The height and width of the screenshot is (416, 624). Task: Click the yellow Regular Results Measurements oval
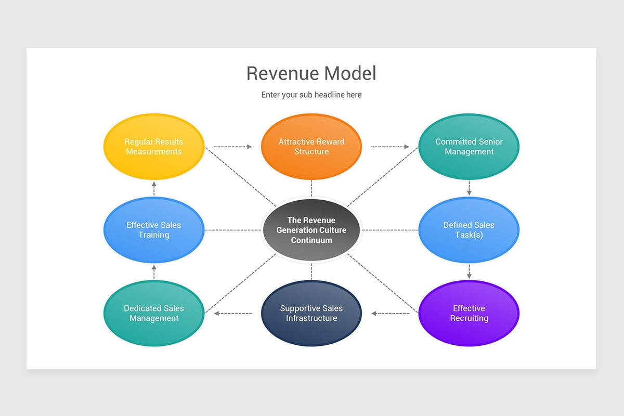pos(154,147)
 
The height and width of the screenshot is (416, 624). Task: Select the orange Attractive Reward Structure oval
pos(311,147)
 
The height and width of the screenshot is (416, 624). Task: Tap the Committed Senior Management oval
pos(469,147)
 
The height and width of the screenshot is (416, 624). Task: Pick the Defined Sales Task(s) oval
pos(469,230)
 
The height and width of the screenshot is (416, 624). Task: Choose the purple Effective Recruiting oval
pos(469,313)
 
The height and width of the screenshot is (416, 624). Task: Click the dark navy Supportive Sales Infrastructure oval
pos(311,313)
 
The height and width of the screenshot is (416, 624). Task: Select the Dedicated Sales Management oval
pos(154,313)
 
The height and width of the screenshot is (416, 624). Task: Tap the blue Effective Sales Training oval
pos(154,230)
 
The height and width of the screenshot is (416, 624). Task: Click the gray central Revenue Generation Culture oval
pos(311,230)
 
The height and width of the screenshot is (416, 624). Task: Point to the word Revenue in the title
pos(281,73)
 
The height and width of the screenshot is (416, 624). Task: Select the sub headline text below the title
pos(311,95)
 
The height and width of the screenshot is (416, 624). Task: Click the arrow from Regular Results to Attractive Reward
pos(232,147)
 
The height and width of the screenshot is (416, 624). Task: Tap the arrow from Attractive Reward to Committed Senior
pos(390,147)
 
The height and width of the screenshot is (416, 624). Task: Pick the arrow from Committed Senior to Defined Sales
pos(469,188)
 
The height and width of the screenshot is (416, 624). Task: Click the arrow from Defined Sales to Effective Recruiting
pos(469,271)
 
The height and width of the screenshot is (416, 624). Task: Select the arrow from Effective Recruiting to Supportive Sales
pos(390,313)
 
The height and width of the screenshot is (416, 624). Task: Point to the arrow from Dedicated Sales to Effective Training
pos(154,271)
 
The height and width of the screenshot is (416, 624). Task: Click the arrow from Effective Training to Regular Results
pos(154,188)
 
